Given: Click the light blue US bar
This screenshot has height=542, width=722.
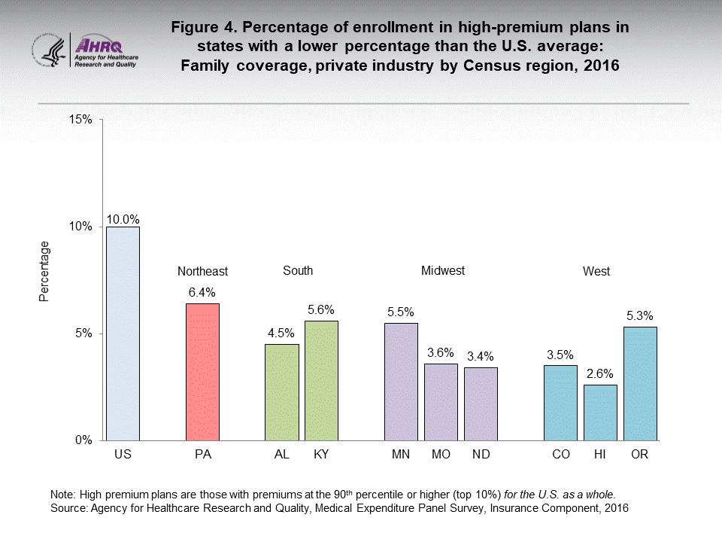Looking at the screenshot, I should (123, 333).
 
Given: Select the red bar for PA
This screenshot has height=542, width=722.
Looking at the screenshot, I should (202, 372).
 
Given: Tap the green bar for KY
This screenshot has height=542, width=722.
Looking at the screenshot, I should (321, 380).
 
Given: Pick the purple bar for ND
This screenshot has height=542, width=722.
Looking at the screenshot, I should (481, 403).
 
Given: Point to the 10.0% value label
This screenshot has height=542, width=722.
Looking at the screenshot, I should (123, 219).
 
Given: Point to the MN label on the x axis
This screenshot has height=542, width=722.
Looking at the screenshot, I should (401, 455).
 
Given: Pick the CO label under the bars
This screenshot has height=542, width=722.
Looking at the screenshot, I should (560, 455).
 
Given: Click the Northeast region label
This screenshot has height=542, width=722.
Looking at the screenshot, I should (202, 272).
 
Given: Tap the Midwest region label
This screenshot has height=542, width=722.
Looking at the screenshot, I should (443, 270).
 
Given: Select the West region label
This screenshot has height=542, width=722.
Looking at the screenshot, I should (596, 272).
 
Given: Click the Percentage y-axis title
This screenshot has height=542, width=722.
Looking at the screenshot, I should (44, 271).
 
